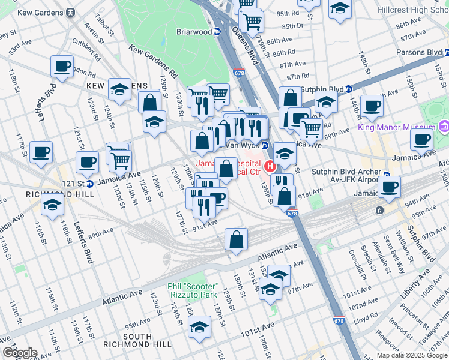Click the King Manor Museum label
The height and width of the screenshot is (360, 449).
pyautogui.click(x=396, y=127)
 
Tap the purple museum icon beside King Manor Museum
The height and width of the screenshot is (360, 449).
pyautogui.click(x=444, y=127)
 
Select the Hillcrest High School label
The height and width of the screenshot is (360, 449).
pyautogui.click(x=411, y=10)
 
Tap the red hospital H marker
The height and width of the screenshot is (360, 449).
pyautogui.click(x=270, y=166)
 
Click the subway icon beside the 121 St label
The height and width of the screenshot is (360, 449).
pyautogui.click(x=89, y=183)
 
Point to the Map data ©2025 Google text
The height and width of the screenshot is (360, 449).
pyautogui.click(x=412, y=355)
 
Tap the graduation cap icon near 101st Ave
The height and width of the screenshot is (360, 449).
pyautogui.click(x=199, y=326)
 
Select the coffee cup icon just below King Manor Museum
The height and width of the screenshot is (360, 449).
pyautogui.click(x=422, y=140)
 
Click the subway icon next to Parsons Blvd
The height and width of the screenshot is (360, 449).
pyautogui.click(x=444, y=52)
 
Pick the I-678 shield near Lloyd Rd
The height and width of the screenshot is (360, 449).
pyautogui.click(x=339, y=322)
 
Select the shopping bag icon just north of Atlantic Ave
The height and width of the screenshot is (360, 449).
pyautogui.click(x=237, y=239)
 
